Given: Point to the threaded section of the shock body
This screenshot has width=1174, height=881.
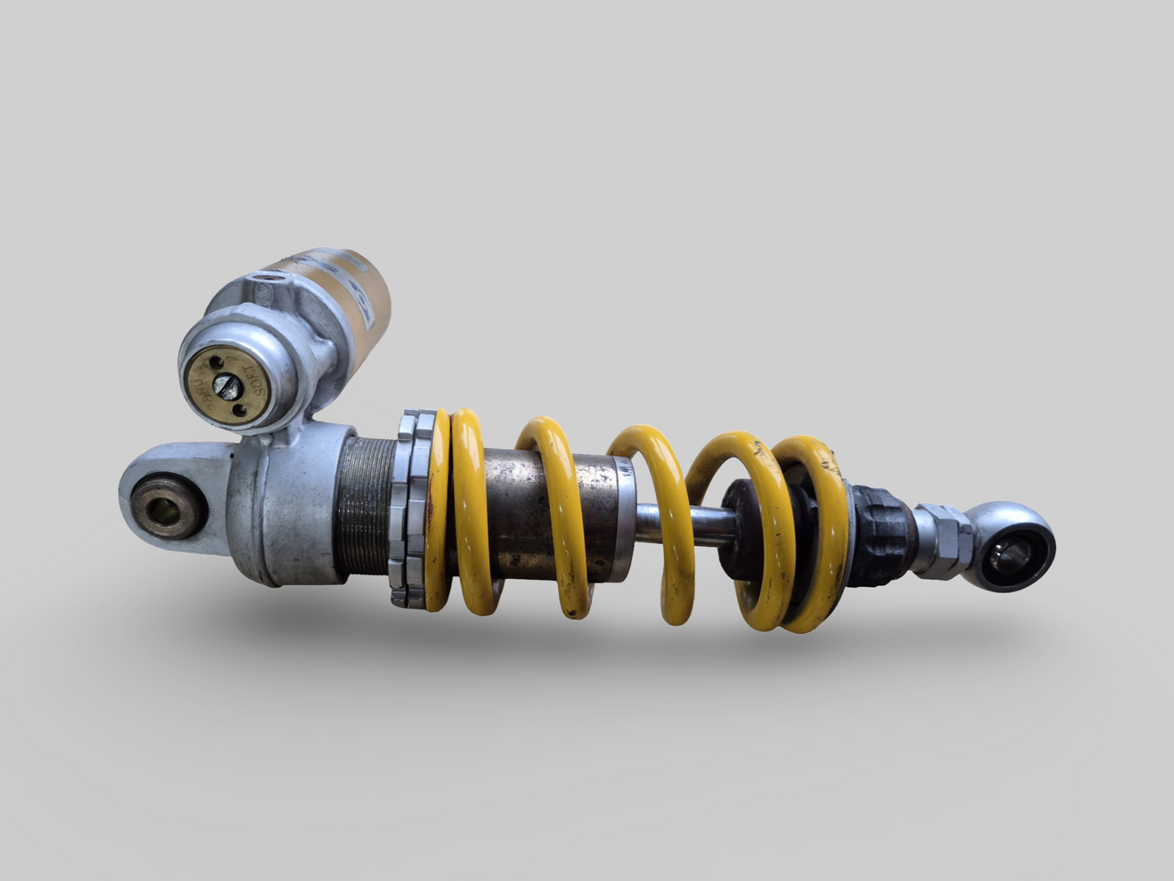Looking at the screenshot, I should point(366,508).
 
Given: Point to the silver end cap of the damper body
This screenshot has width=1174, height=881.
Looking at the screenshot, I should point(622,520).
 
